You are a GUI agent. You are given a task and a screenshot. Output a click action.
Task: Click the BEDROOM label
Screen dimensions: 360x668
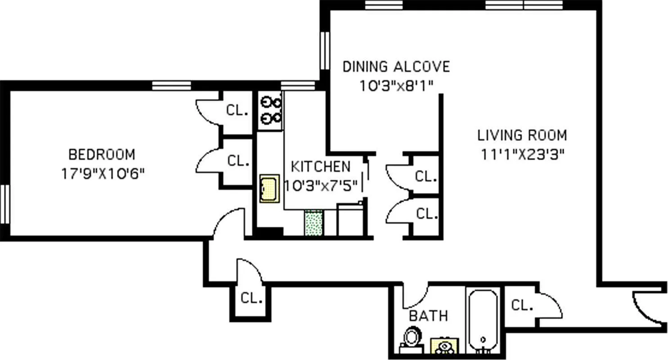101,154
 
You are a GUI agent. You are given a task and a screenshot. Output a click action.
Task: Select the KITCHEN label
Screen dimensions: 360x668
320,166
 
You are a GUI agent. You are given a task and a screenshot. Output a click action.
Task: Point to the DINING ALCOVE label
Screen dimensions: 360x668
396,67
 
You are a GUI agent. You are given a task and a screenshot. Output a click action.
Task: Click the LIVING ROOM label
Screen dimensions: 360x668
522,135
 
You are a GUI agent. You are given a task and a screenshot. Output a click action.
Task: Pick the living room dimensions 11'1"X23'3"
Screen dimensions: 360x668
523,154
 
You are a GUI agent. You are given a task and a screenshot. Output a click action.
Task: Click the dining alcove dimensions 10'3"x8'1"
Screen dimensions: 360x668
396,86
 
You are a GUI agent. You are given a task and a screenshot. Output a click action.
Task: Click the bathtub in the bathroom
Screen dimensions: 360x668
484,320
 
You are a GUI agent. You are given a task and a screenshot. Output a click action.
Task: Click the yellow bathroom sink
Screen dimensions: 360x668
444,346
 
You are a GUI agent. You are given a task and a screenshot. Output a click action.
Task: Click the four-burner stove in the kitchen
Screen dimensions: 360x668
270,111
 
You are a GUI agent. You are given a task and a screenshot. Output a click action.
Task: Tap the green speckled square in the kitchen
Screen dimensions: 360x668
314,223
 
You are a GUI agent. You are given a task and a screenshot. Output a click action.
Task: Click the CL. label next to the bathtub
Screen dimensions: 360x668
522,306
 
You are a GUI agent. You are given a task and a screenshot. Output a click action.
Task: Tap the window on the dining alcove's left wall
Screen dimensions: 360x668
324,50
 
